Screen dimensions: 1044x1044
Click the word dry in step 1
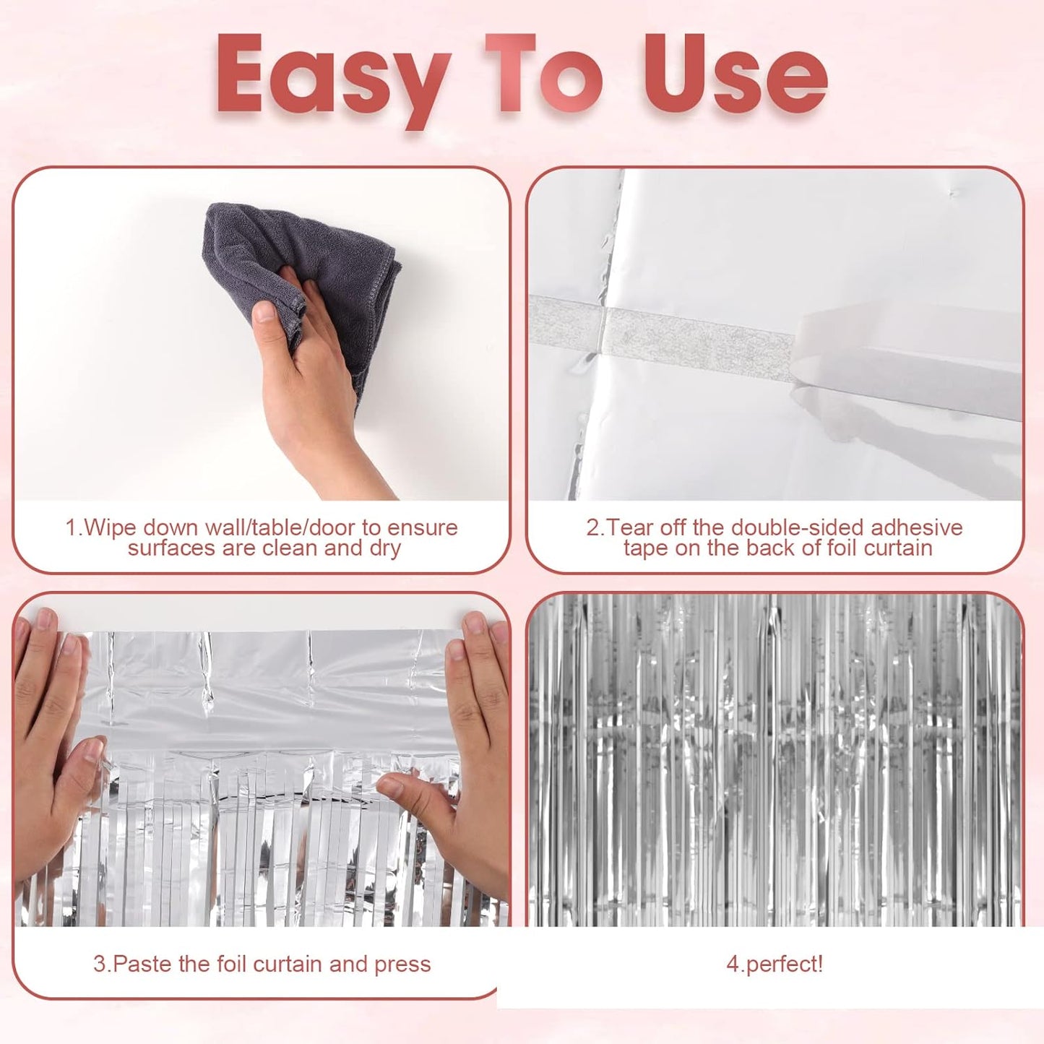click(384, 548)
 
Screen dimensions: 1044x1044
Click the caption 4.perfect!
click(775, 964)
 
